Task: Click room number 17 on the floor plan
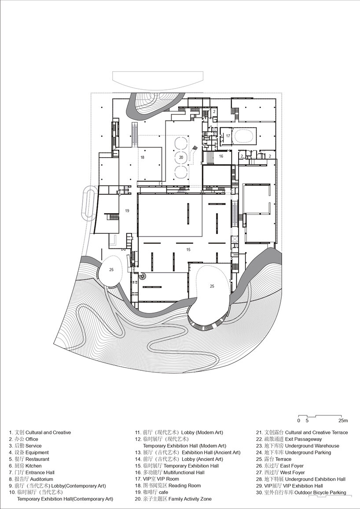point(228,136)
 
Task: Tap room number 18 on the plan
point(142,157)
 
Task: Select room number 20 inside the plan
point(181,157)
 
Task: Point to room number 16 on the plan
point(221,156)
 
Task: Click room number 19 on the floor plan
point(127,210)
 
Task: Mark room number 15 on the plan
point(188,250)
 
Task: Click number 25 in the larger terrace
point(212,286)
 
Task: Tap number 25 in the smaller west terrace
point(111,270)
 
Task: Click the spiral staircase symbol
point(143,276)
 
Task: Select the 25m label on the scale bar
point(343,420)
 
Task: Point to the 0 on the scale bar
point(299,420)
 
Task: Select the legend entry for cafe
point(152,492)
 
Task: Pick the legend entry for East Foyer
point(280,466)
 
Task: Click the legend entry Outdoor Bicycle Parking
point(301,492)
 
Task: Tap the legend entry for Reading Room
point(168,486)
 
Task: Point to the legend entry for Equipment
point(29,453)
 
